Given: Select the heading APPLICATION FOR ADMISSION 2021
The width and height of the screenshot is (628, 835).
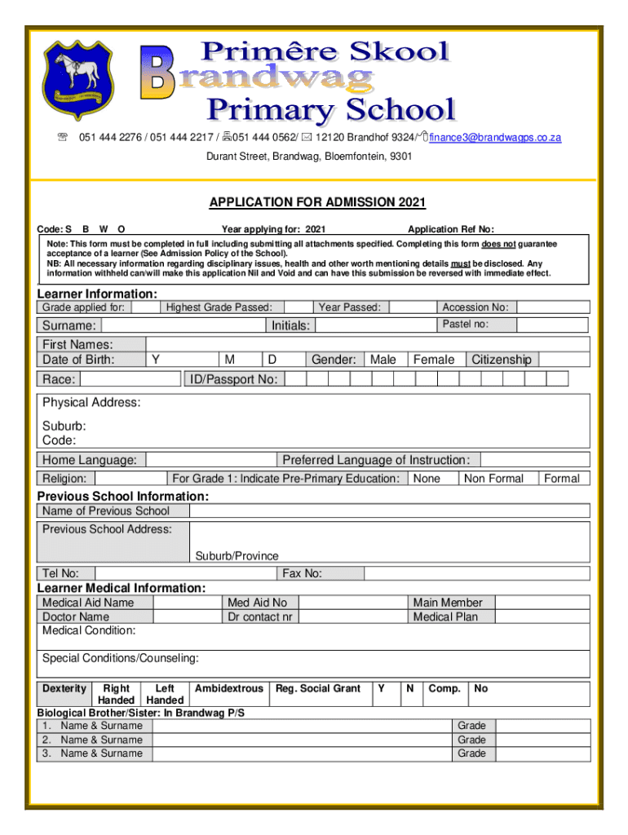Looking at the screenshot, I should pos(317,202).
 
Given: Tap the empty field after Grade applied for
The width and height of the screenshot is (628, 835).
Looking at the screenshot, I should pos(144,307).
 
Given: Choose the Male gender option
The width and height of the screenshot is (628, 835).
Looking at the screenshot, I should pos(383,360).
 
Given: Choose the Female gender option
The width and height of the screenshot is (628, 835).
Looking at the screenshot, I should pos(434,360).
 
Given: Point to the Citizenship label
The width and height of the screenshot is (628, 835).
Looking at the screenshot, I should pos(501,360).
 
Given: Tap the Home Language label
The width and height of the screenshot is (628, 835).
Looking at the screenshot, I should pos(89,460).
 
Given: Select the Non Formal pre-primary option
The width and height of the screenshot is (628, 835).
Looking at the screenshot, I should pos(493,479).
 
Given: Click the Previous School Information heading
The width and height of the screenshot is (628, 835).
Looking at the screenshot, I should pos(123,496).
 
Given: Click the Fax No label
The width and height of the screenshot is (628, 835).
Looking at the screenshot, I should pos(301,573).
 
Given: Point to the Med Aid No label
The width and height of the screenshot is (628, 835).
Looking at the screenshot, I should pos(258,603).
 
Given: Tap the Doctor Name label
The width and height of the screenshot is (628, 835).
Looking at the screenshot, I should pos(76,616).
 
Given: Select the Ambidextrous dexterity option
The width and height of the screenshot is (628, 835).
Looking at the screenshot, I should pos(229,688).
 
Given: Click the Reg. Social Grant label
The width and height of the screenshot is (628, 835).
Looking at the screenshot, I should pos(318,688).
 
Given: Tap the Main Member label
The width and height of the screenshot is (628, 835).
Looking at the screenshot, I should pos(448,603).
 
